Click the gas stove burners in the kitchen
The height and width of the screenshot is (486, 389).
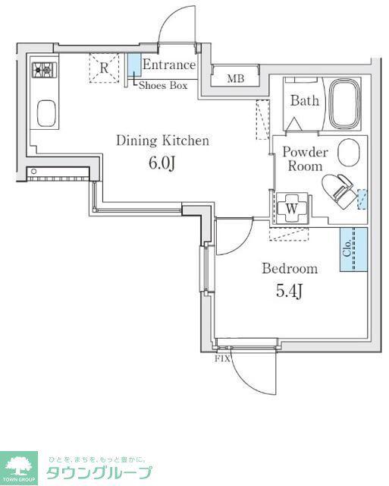click(45, 70)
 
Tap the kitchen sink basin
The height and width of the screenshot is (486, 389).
click(46, 113)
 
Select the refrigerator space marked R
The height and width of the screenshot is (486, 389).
click(104, 68)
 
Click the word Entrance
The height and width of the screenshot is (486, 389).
click(169, 65)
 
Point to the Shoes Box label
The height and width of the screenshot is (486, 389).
click(163, 85)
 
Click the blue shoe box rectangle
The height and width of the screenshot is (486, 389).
click(135, 65)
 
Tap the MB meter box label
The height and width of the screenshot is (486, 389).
click(236, 79)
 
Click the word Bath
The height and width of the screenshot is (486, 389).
click(305, 101)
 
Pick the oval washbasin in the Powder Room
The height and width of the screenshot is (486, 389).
click(349, 152)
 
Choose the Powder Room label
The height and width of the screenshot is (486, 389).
click(305, 159)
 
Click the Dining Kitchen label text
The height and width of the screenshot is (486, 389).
click(163, 140)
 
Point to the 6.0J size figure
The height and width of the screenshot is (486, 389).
click(162, 163)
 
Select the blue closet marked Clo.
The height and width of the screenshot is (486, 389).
click(353, 250)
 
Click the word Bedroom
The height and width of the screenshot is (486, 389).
click(290, 268)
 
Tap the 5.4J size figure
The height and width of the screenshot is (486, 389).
click(289, 292)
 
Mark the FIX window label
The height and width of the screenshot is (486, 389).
click(222, 359)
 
